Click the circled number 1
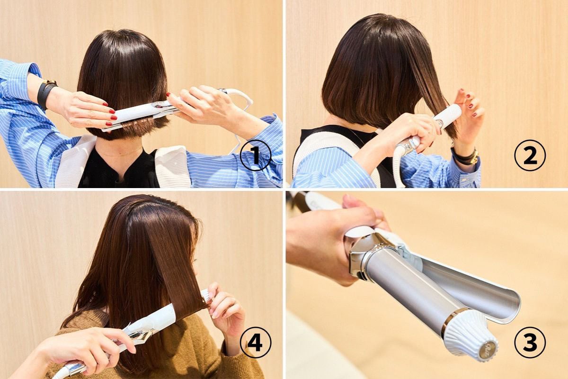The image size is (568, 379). pyautogui.click(x=255, y=155)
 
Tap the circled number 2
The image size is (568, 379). pyautogui.click(x=530, y=155)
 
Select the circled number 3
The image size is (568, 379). pyautogui.click(x=530, y=342)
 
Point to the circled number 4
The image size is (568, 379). pyautogui.click(x=255, y=342)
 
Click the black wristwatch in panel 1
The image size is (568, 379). pyautogui.click(x=46, y=93)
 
